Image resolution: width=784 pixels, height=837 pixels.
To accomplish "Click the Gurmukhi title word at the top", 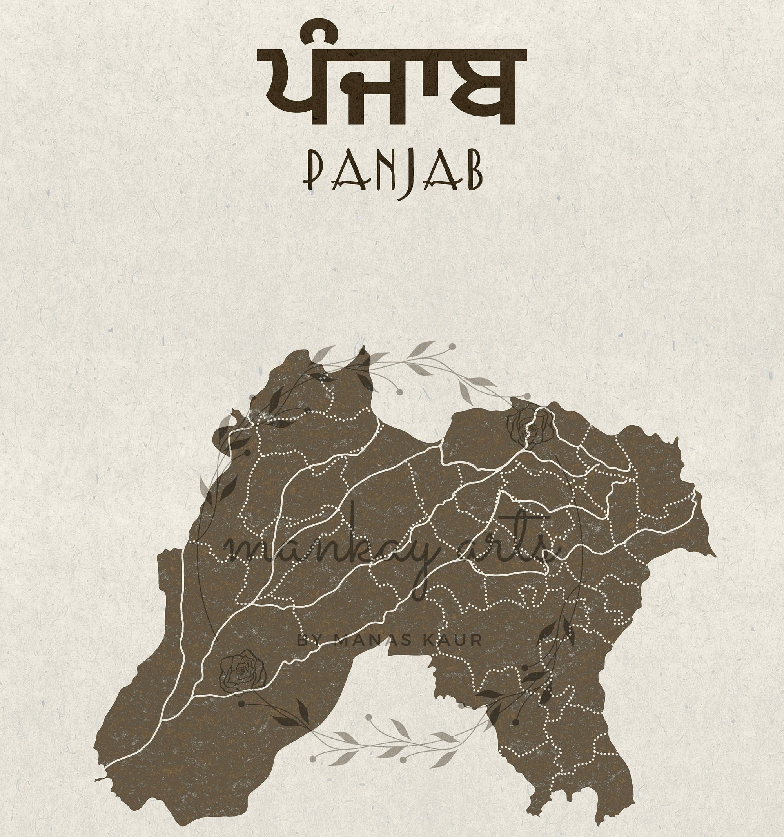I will (392, 86).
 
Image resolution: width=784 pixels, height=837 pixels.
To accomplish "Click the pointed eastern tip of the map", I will (714, 555).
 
